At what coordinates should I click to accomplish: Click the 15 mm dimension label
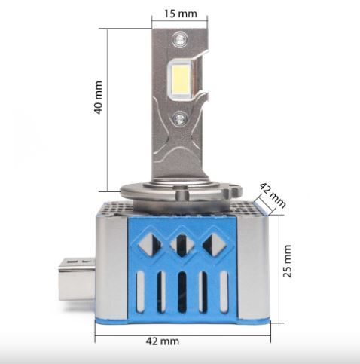pos(181,14)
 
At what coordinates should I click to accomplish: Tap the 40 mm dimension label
pos(98,97)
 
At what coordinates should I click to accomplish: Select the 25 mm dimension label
pos(287,262)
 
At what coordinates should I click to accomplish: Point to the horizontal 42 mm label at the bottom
pos(163,341)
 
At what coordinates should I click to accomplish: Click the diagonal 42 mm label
pos(273,195)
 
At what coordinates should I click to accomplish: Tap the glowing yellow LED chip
pos(180,78)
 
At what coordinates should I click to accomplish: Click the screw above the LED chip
pos(180,39)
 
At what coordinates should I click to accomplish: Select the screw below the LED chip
pos(181,118)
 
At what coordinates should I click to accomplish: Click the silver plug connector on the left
pos(77,279)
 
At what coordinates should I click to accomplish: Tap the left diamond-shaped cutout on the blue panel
pos(150,245)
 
